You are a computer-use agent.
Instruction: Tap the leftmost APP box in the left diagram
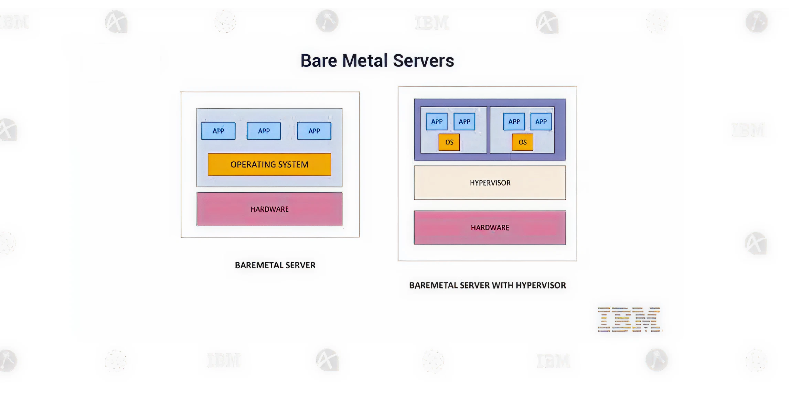click(x=218, y=131)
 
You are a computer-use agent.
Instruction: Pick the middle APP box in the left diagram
click(x=264, y=131)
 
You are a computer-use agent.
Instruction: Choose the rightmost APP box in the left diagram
click(x=314, y=131)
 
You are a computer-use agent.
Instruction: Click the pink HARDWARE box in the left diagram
click(x=269, y=209)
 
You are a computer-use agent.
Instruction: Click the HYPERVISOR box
click(x=490, y=183)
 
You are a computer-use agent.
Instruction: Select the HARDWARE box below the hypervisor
click(x=490, y=227)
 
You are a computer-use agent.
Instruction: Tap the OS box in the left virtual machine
click(x=449, y=142)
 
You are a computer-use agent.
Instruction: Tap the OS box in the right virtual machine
click(x=523, y=142)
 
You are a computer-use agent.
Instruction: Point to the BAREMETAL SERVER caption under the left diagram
click(x=275, y=265)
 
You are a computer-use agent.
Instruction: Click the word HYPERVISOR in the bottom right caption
click(x=541, y=285)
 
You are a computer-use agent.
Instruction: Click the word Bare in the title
click(x=319, y=61)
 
